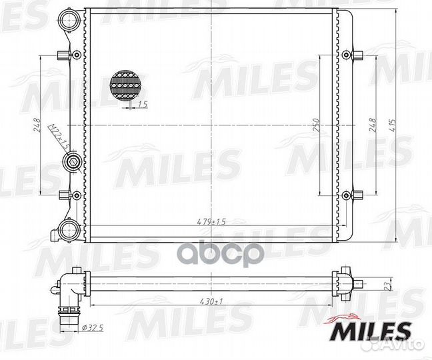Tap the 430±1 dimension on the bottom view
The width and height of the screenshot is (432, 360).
tap(211, 301)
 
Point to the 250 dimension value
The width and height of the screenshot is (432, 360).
tap(317, 125)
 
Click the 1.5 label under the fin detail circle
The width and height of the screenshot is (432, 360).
tap(142, 105)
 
